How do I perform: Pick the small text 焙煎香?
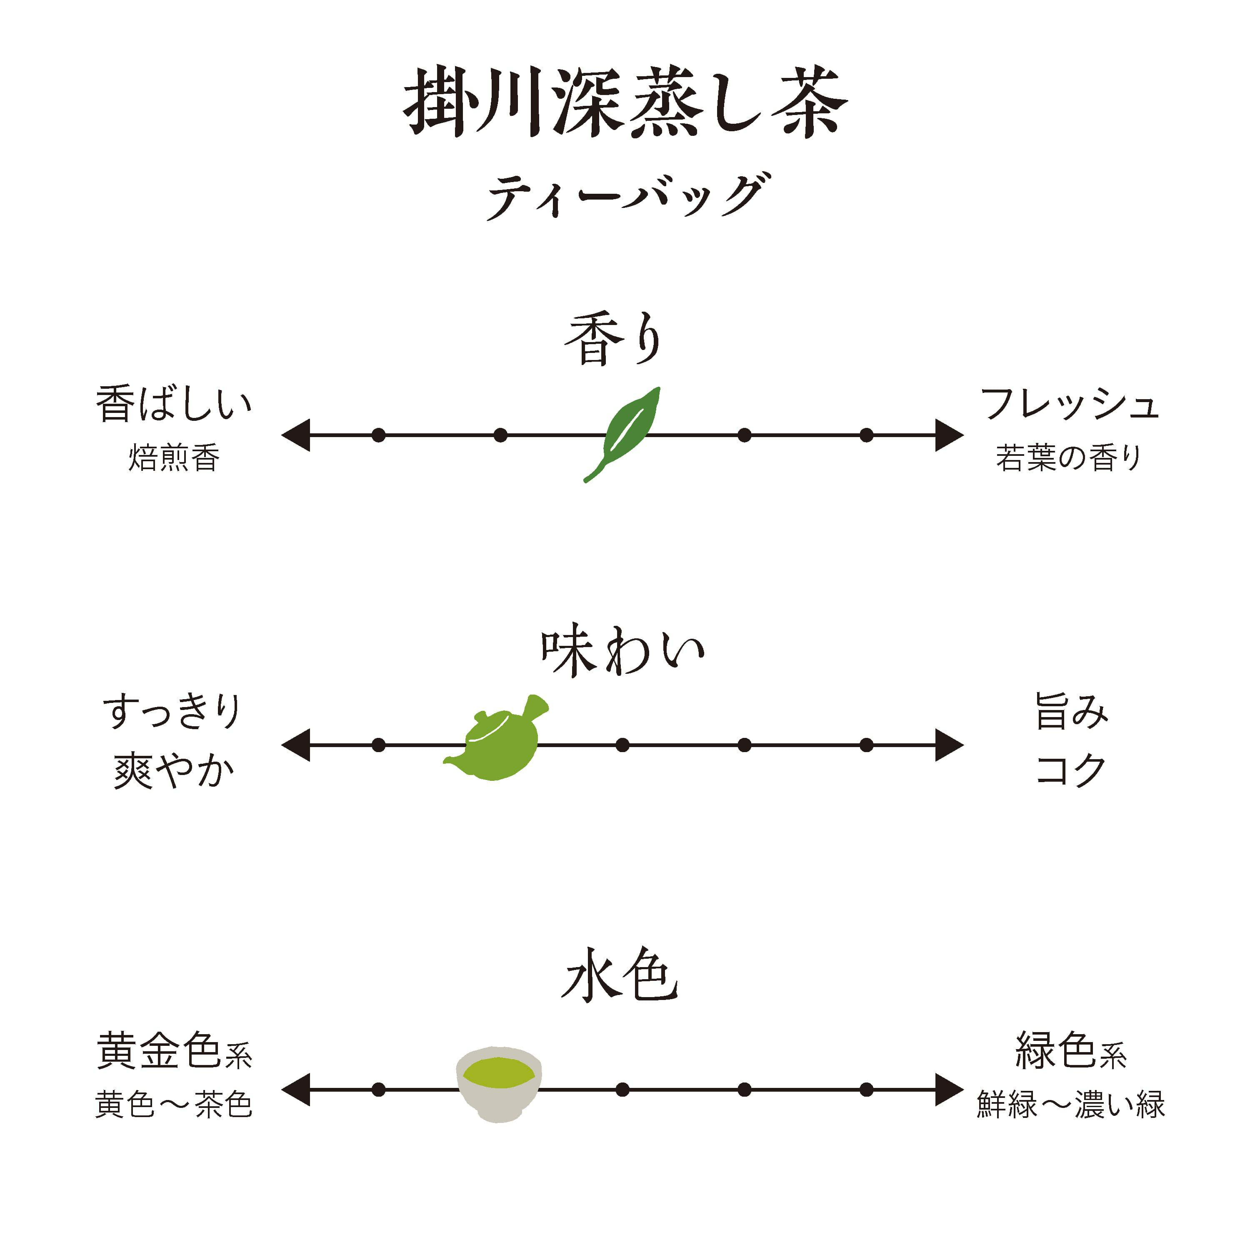(173, 458)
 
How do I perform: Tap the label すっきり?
(172, 712)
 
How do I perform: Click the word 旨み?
(1071, 712)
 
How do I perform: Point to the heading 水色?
(620, 977)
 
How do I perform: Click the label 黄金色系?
(173, 1051)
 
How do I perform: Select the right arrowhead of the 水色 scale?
(948, 1090)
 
